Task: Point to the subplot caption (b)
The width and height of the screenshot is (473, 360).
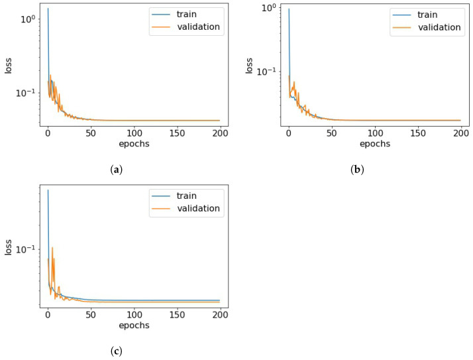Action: coord(357,170)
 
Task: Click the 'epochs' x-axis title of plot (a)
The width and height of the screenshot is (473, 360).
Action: coord(134,144)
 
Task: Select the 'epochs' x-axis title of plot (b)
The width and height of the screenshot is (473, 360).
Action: coord(375,144)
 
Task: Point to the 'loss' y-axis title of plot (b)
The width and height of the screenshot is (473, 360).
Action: coord(250,64)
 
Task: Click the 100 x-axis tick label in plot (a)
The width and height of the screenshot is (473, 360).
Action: coord(134,133)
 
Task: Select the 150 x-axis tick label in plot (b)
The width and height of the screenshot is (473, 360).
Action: coord(418,133)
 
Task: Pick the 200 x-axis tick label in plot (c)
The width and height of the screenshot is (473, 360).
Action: coord(220,314)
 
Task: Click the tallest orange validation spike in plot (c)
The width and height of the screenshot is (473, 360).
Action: coord(52,248)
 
